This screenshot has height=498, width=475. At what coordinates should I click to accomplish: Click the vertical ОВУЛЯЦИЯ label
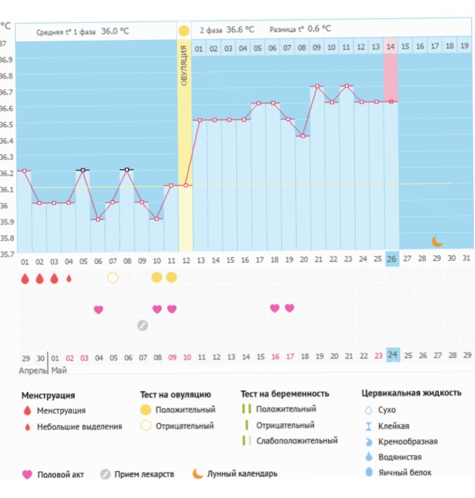click(184, 68)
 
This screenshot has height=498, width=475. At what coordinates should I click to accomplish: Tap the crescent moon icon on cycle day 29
click(438, 241)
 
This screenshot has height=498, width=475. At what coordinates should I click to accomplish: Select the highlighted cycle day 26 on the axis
click(392, 259)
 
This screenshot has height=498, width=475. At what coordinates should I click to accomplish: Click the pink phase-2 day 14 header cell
click(390, 48)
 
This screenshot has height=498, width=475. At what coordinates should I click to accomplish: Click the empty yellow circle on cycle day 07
click(113, 277)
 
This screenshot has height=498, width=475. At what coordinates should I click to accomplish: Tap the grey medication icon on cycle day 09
click(142, 325)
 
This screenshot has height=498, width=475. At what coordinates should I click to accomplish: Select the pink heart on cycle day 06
click(98, 309)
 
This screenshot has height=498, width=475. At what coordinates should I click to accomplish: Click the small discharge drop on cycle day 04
click(69, 278)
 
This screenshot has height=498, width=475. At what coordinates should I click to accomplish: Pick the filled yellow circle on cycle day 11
click(171, 277)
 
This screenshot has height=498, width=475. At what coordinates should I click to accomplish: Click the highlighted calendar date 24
click(393, 355)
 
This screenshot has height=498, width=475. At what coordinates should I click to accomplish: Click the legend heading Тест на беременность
click(285, 393)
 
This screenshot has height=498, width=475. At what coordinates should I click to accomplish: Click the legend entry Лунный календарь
click(242, 474)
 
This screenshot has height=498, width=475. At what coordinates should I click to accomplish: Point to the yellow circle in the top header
click(184, 30)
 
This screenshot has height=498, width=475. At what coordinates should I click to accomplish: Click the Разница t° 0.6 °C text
click(301, 29)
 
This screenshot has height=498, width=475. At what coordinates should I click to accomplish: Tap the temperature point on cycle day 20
click(303, 136)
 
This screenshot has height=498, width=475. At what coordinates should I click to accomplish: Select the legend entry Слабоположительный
click(296, 441)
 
